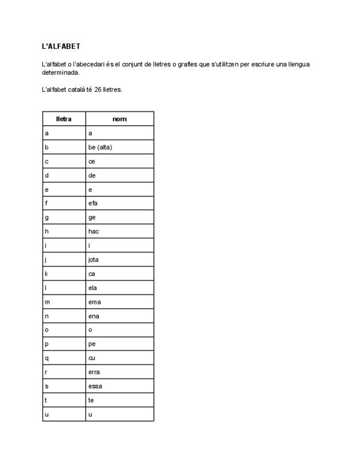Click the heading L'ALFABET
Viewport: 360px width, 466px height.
tap(61, 47)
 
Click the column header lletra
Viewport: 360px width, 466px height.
tap(64, 119)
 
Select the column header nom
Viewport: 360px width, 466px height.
tap(119, 119)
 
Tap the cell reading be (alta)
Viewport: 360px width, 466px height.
tap(100, 147)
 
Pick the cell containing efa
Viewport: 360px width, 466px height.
tap(93, 203)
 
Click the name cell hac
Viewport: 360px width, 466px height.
tap(93, 231)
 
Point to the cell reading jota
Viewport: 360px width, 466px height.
tap(93, 259)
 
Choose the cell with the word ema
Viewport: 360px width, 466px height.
tap(95, 302)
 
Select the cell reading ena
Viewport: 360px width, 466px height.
tap(94, 316)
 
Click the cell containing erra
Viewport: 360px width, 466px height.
tap(94, 372)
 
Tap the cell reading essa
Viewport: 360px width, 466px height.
tap(95, 386)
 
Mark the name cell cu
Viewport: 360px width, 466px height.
tap(92, 358)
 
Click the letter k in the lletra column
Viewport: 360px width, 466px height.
tap(47, 274)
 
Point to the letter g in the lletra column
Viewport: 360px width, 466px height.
tap(47, 218)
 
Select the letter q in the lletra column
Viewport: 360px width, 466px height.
tap(47, 358)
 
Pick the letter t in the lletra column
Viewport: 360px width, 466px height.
tap(46, 401)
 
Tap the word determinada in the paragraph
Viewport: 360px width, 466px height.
tap(60, 72)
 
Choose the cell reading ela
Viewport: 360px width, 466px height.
tap(93, 288)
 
